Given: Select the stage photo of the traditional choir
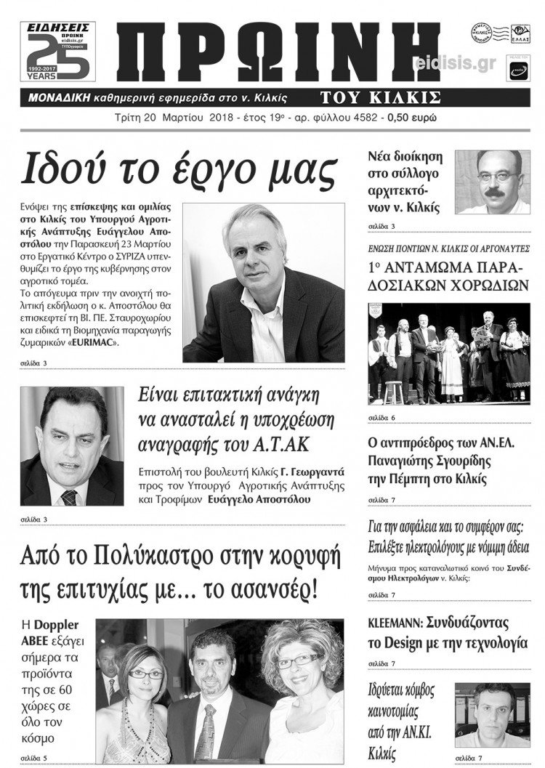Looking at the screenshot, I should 448,353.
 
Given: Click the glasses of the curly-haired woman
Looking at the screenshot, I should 298,661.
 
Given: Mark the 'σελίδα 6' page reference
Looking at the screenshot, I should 381,418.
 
